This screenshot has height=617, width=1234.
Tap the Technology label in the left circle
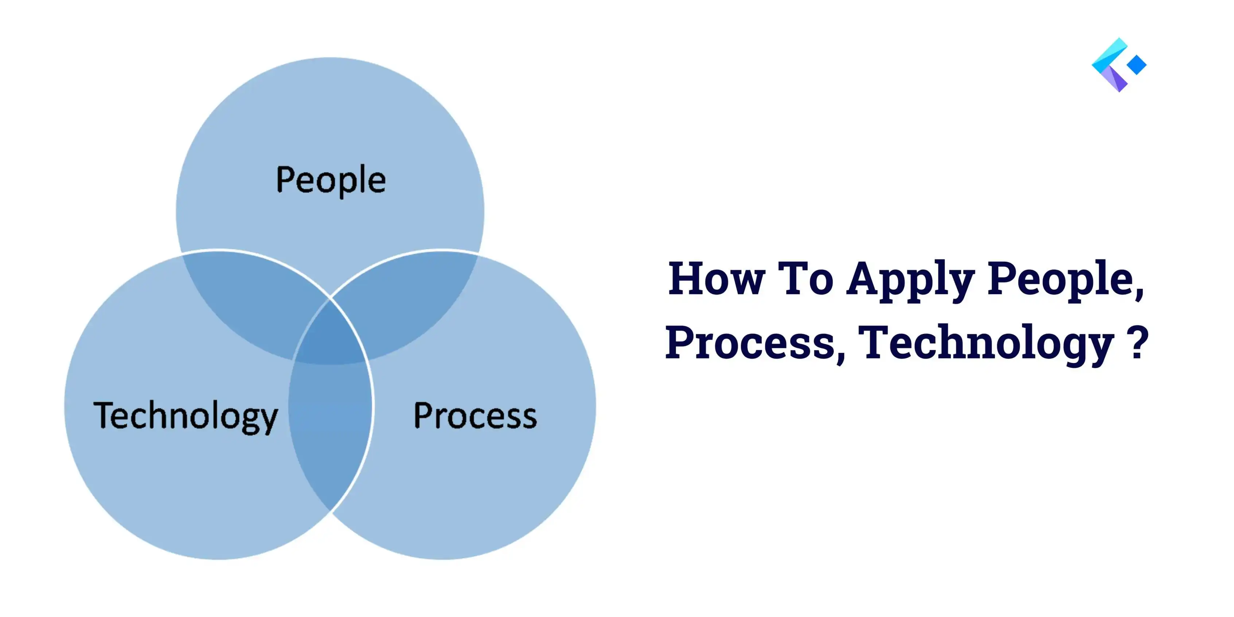[186, 416]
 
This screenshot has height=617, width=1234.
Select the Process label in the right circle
[475, 416]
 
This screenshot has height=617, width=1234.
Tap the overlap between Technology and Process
[331, 431]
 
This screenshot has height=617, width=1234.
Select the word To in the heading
[806, 278]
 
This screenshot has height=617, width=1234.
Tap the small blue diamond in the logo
[1136, 65]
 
